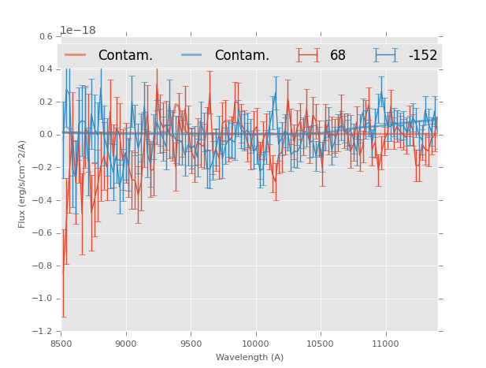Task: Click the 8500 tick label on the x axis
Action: click(61, 344)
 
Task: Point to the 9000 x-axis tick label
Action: click(126, 344)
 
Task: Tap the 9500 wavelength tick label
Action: click(191, 344)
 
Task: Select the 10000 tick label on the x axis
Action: click(256, 344)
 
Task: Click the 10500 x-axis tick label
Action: click(321, 344)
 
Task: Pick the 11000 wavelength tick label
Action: click(385, 344)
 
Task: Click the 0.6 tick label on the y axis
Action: click(46, 36)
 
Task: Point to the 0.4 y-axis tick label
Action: click(46, 69)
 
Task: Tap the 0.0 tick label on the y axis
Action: click(46, 135)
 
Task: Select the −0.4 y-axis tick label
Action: click(43, 200)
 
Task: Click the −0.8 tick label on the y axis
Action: click(43, 266)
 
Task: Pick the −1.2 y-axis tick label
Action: click(43, 332)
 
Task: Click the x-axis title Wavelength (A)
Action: click(250, 357)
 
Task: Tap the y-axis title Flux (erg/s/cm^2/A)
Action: click(23, 184)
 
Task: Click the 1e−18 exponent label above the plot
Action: click(78, 31)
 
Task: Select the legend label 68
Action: click(338, 56)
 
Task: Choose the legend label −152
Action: click(422, 56)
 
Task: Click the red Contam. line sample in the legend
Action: click(76, 55)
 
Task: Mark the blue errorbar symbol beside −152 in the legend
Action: click(385, 55)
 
